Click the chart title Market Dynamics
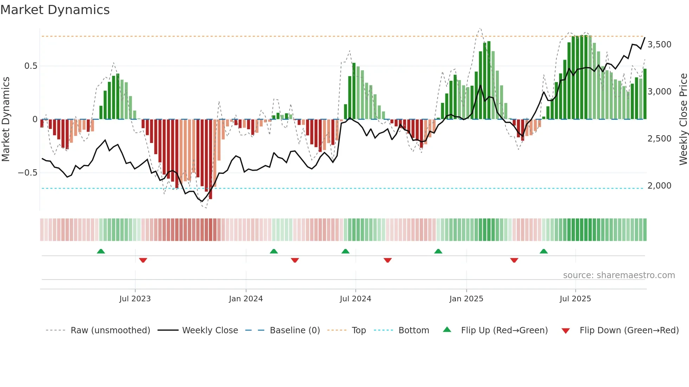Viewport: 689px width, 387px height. [x=55, y=10]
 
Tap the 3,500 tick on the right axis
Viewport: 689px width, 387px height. [x=659, y=45]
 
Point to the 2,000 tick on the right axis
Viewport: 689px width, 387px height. [x=659, y=186]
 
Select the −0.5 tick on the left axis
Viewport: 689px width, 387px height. [x=27, y=173]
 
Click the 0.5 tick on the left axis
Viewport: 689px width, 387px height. [x=31, y=66]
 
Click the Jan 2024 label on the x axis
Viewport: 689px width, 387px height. [x=246, y=299]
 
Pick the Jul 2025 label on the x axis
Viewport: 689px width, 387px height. [x=575, y=299]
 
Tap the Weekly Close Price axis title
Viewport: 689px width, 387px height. [x=683, y=119]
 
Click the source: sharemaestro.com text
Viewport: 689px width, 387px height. [x=619, y=275]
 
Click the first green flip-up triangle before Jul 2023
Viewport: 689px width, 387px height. [x=101, y=251]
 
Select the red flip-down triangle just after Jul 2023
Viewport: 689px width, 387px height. [x=143, y=260]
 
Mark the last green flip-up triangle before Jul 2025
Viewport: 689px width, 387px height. [x=543, y=251]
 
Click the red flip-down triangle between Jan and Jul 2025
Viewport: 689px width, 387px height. [x=514, y=260]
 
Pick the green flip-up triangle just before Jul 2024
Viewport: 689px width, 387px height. [x=345, y=251]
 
